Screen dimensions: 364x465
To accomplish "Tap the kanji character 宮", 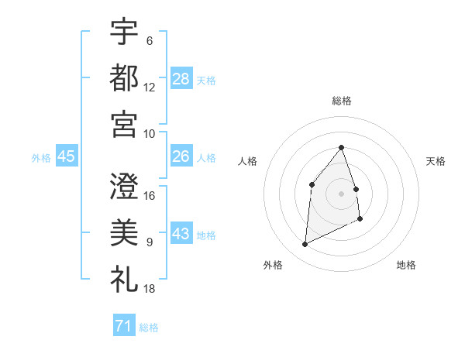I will (x=124, y=123).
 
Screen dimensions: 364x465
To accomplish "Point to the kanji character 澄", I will (x=124, y=186).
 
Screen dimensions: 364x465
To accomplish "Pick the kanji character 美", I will (x=124, y=232).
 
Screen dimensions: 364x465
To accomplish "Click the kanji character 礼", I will (x=124, y=277).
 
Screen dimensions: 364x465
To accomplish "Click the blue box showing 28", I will (x=181, y=78).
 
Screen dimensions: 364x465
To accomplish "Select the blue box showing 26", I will (x=181, y=156).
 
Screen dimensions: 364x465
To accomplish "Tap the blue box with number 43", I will (x=181, y=234).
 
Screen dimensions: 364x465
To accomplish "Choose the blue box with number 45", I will (x=66, y=156).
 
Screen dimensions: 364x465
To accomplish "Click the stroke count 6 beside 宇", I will (x=150, y=41).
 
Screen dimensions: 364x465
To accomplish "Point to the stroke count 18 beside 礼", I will (x=150, y=288).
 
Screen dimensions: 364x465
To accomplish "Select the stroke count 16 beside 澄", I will (x=150, y=196).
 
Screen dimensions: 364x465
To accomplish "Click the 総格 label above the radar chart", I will (x=342, y=101).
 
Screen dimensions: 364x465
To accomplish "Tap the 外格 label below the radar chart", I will (x=273, y=266).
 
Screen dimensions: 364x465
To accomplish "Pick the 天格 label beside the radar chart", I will (x=436, y=161).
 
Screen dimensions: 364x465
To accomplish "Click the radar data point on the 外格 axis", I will (x=305, y=245).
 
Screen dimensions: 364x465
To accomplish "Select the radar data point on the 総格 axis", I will (x=342, y=147).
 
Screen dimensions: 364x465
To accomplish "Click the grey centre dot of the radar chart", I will (x=342, y=193).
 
